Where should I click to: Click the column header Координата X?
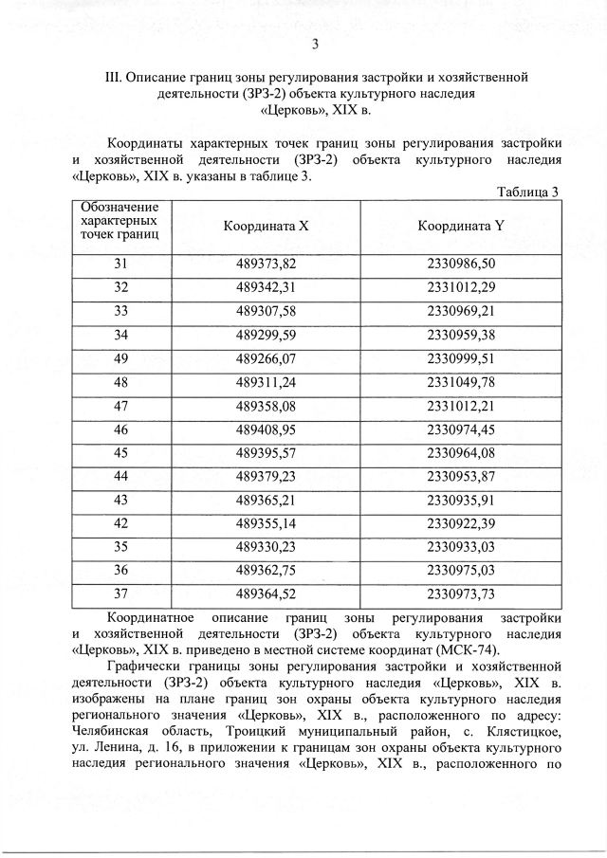point(266,227)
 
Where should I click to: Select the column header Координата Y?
point(461,227)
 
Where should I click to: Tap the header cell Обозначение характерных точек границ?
point(120,219)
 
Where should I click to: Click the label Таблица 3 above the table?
point(528,192)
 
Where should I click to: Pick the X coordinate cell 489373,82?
point(266,263)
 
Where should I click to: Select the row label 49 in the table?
point(120,358)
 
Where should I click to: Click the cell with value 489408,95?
point(266,429)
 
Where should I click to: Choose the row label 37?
point(120,594)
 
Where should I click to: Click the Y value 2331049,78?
point(461,382)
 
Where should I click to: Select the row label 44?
point(120,476)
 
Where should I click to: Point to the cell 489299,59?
point(266,335)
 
